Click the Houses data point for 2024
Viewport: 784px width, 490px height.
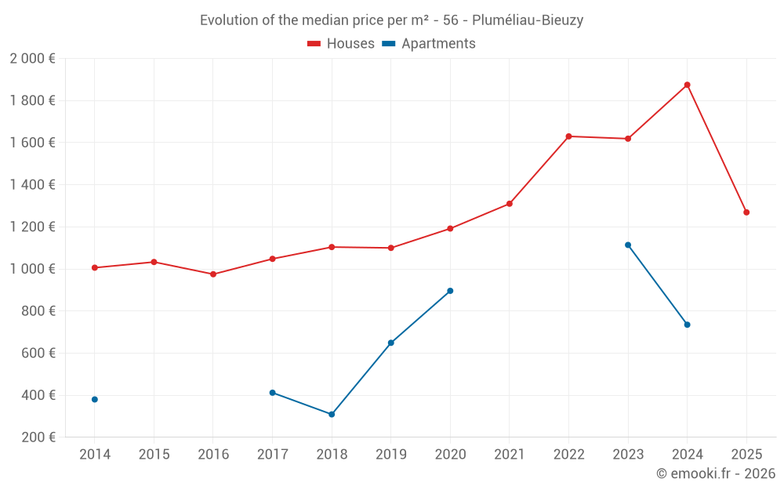tap(687, 85)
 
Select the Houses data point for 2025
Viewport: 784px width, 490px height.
tap(746, 212)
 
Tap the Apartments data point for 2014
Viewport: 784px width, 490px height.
tap(95, 399)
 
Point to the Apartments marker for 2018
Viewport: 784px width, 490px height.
tap(332, 414)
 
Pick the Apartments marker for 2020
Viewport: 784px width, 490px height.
tap(450, 291)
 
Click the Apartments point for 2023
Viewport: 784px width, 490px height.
tap(628, 245)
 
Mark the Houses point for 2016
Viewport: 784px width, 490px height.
tap(213, 274)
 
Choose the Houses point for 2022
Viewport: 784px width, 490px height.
tap(568, 136)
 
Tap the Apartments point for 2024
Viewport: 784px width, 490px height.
tap(687, 325)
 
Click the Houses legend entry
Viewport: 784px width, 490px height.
tap(341, 44)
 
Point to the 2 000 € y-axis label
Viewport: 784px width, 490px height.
tap(32, 59)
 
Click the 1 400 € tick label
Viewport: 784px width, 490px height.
tap(32, 185)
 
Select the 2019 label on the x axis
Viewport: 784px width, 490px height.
tap(390, 455)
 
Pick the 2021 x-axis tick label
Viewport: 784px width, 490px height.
tap(510, 455)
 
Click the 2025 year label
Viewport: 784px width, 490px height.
tap(746, 455)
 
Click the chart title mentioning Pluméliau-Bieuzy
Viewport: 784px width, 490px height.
tap(391, 20)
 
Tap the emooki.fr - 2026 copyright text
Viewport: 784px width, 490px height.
tap(715, 474)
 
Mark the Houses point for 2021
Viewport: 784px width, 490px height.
tap(510, 204)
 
